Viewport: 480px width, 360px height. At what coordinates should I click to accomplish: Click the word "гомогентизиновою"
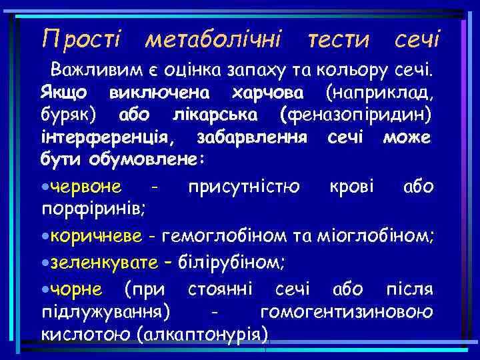click(347, 312)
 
